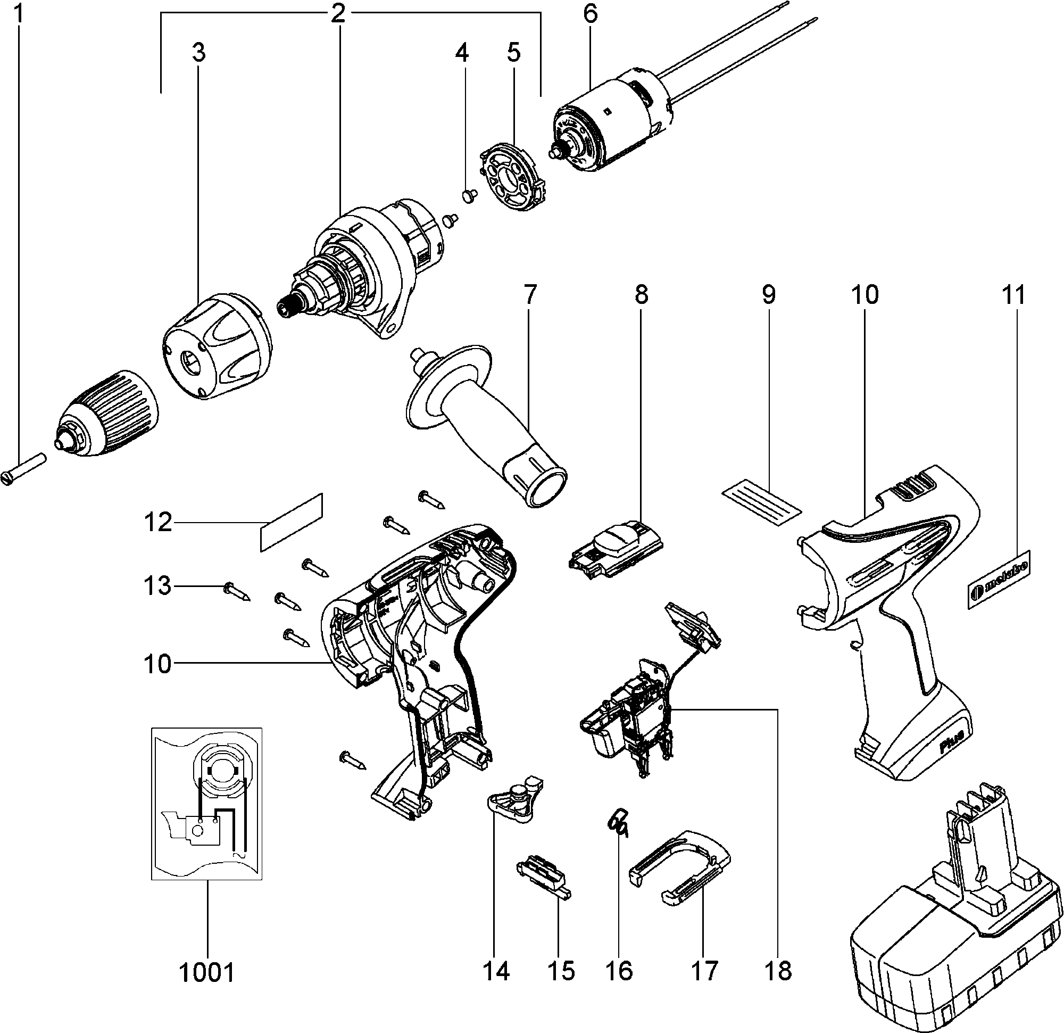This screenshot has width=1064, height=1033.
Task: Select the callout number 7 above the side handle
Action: [x=529, y=295]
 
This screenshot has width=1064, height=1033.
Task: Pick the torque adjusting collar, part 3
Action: [x=217, y=348]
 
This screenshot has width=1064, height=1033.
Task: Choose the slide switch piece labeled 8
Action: [x=616, y=549]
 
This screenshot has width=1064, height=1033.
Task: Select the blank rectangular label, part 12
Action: [x=292, y=523]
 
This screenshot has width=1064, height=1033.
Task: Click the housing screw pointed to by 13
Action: [x=237, y=591]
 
